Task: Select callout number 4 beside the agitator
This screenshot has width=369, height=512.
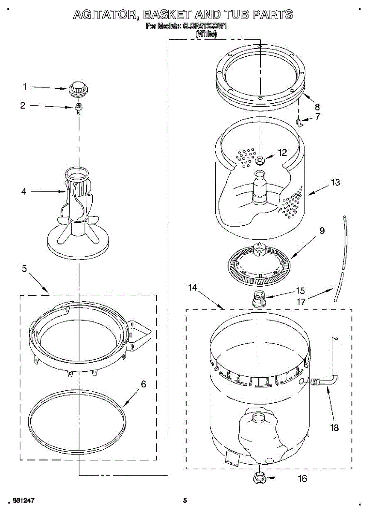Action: click(24, 192)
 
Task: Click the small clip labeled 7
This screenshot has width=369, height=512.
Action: click(300, 123)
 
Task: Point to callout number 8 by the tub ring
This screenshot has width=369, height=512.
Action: click(317, 107)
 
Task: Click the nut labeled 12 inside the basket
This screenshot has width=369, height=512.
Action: click(260, 160)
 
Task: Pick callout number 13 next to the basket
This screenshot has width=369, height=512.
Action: click(335, 183)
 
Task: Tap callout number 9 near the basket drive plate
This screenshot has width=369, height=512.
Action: click(321, 231)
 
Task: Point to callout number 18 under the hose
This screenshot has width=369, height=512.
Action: click(334, 427)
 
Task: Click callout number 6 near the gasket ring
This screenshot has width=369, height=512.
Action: click(143, 384)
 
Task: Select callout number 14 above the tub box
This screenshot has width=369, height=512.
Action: click(192, 288)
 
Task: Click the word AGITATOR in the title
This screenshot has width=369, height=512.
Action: click(106, 15)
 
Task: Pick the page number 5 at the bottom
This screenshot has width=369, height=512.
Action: click(185, 500)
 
